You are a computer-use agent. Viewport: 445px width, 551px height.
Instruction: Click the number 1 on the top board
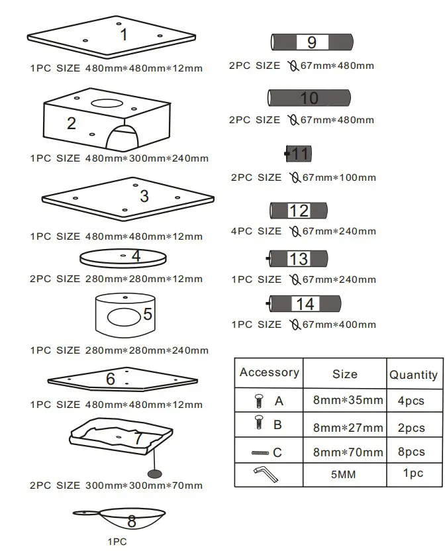[x=123, y=32]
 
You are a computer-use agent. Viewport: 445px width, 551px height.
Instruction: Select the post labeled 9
[x=311, y=43]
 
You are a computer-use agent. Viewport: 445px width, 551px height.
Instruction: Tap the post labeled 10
[x=309, y=98]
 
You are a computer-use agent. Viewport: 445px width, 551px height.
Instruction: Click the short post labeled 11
[x=299, y=154]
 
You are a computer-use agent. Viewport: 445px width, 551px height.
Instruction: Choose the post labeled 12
[x=299, y=211]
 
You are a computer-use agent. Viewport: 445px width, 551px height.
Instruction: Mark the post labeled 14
[x=305, y=304]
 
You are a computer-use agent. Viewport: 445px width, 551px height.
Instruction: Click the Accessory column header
[x=269, y=372]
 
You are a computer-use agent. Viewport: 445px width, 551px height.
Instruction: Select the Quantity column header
[x=413, y=375]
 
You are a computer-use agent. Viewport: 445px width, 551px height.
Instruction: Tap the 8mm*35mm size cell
[x=348, y=401]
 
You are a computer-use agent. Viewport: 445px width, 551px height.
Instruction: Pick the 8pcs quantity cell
[x=411, y=452]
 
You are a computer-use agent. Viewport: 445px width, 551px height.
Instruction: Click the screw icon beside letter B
[x=260, y=425]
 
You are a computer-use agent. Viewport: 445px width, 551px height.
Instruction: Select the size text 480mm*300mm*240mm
[x=146, y=158]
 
